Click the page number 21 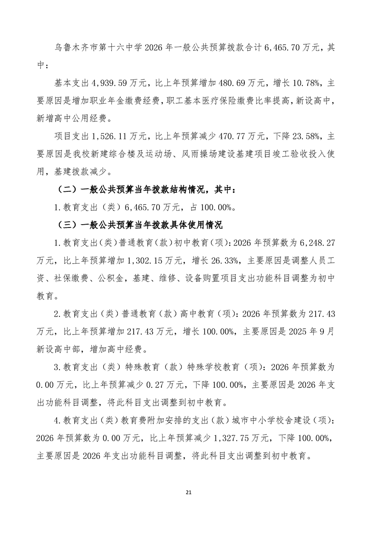pyautogui.click(x=188, y=492)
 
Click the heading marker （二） pyautogui.click(x=67, y=189)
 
